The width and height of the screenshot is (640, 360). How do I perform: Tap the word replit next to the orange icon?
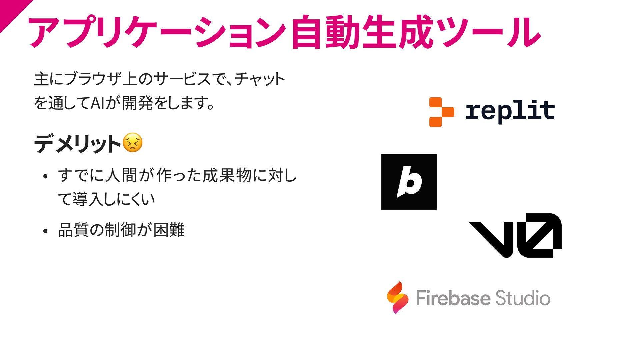coord(510,111)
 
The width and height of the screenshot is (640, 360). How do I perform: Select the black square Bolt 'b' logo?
coord(409,182)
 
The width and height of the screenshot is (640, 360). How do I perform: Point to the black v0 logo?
coord(515,235)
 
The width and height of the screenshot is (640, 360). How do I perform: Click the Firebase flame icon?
coord(398,298)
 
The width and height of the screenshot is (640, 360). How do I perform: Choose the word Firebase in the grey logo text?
coord(453,298)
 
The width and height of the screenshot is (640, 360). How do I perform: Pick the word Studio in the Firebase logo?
coord(522,298)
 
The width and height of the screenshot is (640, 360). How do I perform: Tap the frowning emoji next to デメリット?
coord(133,143)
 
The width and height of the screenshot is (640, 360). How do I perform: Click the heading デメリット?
coord(77,144)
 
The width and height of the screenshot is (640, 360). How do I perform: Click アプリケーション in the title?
coord(157,32)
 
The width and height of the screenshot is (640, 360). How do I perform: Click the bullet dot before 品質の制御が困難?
coord(46,231)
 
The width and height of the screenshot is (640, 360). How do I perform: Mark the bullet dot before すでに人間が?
coord(46,177)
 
